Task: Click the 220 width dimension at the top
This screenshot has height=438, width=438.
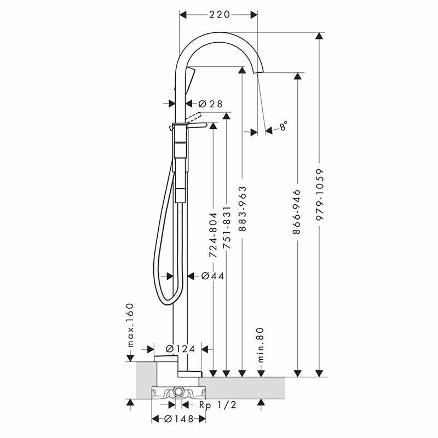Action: coord(218,15)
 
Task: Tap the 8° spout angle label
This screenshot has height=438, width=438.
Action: coord(283,126)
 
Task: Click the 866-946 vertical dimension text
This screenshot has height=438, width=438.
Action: coord(297,212)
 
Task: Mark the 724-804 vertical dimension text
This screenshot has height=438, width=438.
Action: coord(213,235)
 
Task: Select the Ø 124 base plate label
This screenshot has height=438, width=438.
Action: coord(180,349)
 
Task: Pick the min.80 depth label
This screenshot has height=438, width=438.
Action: coord(261,345)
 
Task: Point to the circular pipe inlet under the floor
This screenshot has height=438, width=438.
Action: coord(179,391)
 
